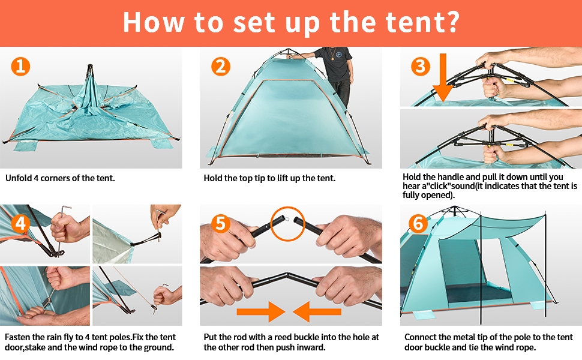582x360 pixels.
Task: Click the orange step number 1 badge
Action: [x=20, y=66]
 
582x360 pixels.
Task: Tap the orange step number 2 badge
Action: [x=221, y=66]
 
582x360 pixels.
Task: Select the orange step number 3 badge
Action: [x=421, y=65]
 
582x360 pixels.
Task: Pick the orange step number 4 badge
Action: [x=20, y=224]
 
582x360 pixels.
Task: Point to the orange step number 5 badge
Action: [x=221, y=224]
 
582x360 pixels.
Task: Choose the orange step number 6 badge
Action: [x=418, y=224]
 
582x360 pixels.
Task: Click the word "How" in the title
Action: [x=153, y=22]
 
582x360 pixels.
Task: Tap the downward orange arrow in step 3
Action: [x=443, y=78]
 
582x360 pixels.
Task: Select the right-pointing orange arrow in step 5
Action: [x=262, y=311]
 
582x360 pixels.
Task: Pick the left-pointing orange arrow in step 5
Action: [x=317, y=311]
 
